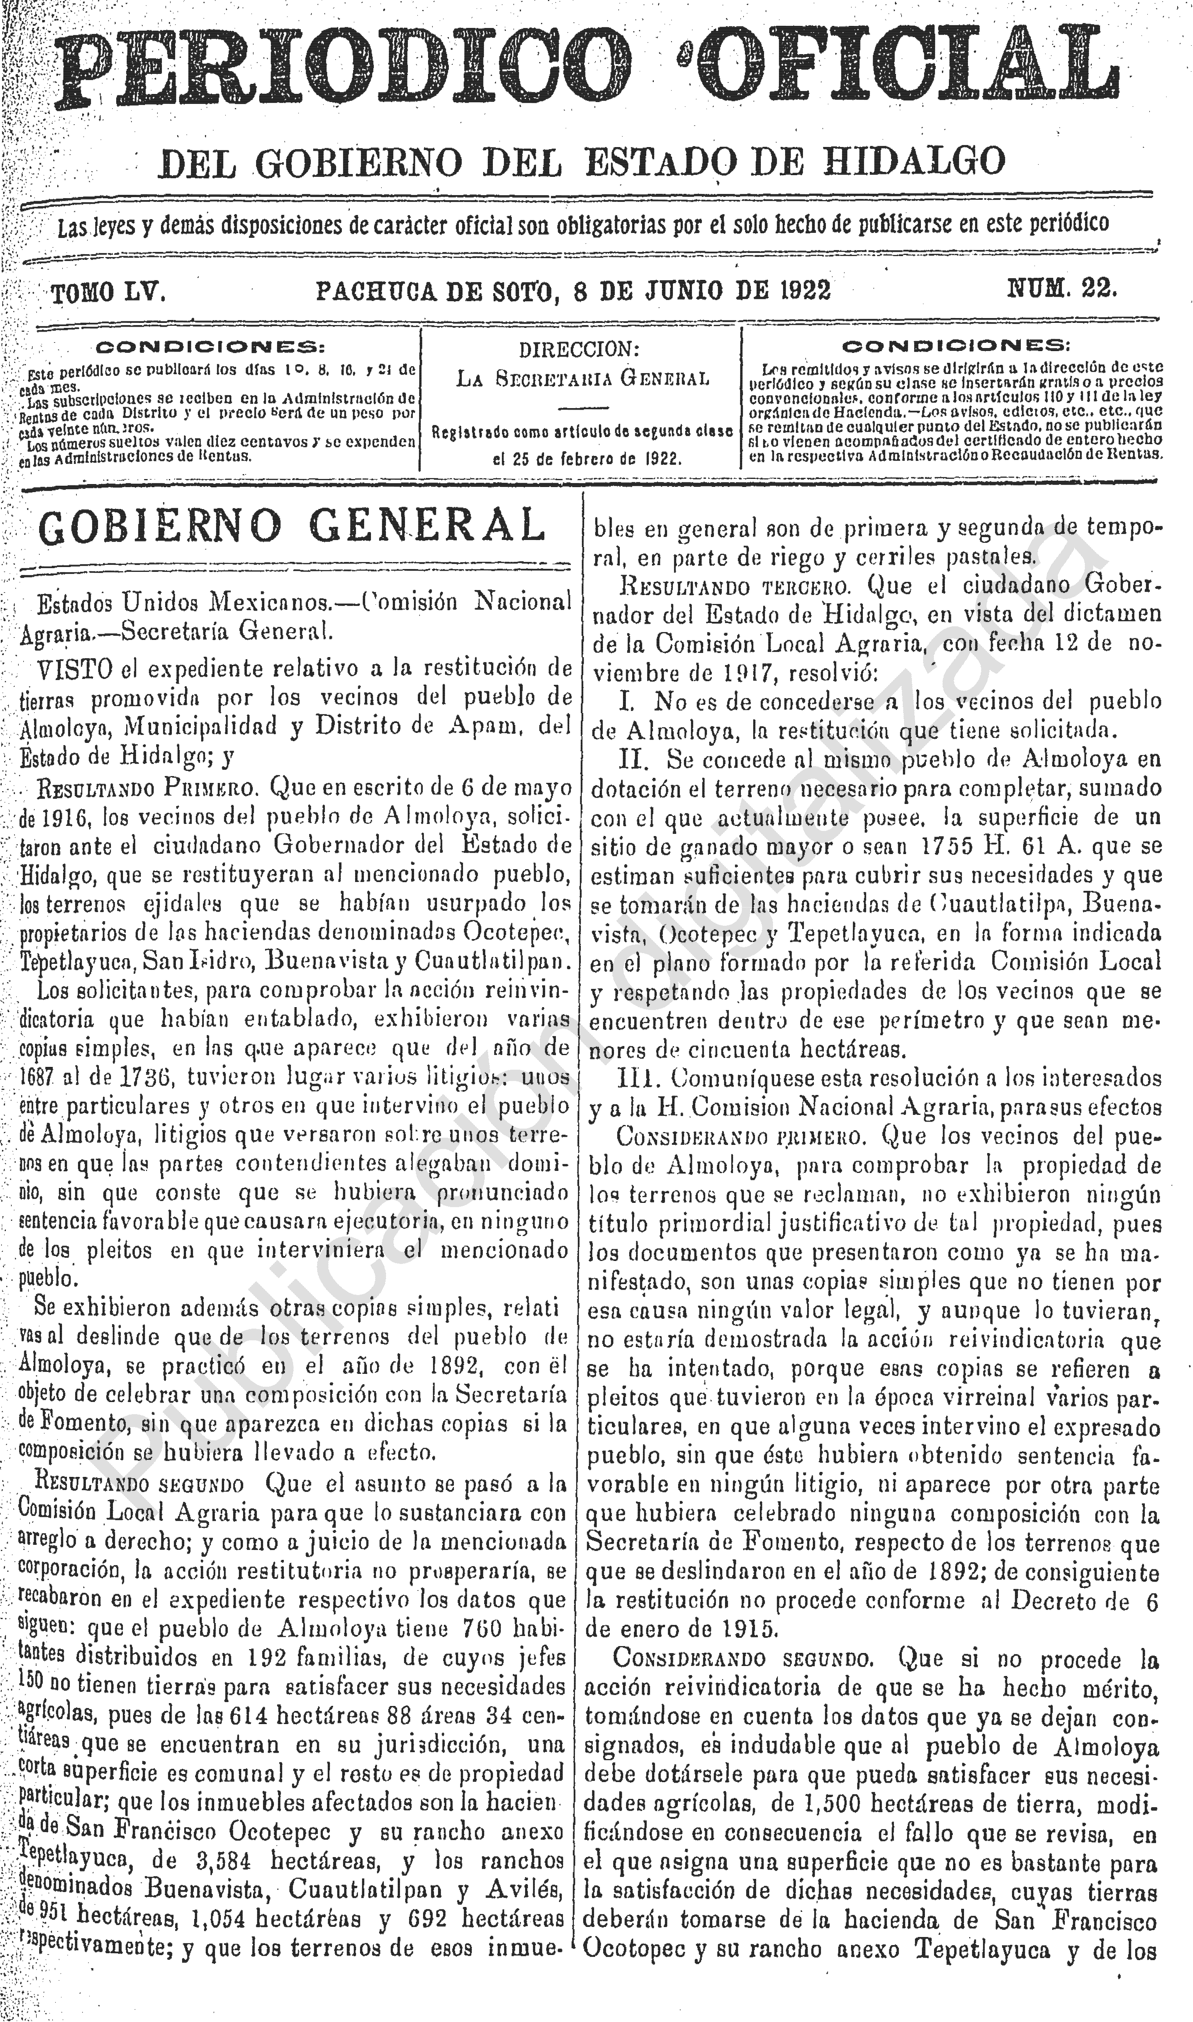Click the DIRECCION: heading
point(579,351)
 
